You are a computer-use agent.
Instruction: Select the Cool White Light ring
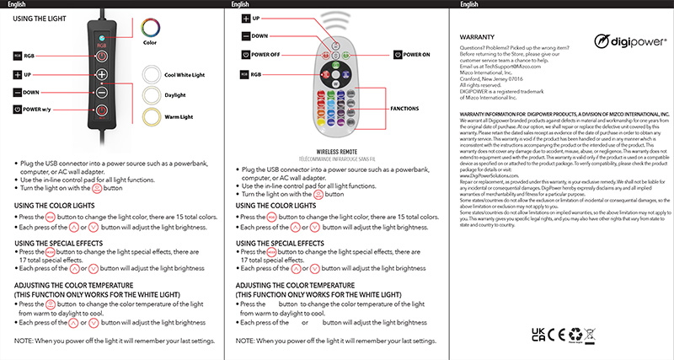(151, 75)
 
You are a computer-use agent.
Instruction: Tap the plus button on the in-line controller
(101, 75)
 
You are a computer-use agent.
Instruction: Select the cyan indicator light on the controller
(101, 39)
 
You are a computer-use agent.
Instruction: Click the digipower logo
(627, 40)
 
